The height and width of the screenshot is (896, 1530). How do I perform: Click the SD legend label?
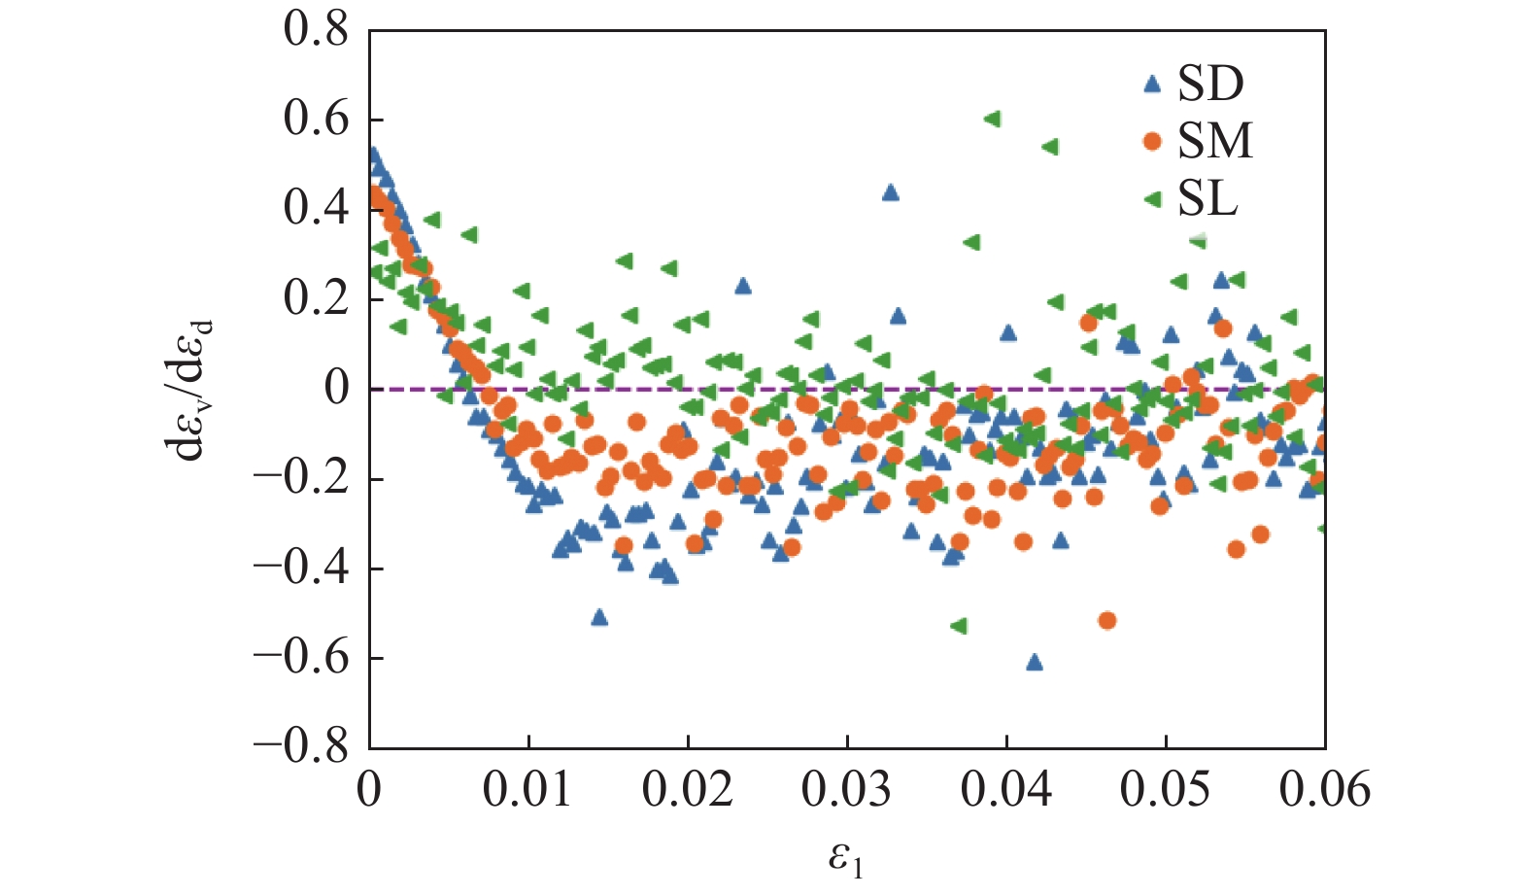1209,85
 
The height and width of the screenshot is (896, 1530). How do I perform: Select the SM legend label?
1215,142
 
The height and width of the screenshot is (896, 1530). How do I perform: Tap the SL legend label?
1207,199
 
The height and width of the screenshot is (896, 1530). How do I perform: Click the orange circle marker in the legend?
1153,142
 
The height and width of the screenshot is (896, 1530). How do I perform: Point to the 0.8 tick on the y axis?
316,30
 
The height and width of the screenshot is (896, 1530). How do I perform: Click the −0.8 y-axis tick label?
301,746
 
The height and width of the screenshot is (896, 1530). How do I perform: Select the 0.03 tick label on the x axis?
846,789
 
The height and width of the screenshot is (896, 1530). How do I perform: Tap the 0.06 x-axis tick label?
1323,789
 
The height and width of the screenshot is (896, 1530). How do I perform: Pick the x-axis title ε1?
845,859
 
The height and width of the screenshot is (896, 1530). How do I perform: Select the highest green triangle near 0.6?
992,119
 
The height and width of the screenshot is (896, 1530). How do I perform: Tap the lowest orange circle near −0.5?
1106,620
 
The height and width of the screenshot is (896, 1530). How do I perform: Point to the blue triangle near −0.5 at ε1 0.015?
599,617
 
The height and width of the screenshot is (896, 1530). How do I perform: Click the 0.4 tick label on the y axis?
316,209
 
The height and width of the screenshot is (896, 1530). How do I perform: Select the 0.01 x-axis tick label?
527,789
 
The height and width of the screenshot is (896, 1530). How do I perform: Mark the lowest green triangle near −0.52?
959,626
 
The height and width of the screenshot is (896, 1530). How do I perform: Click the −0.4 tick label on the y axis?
301,568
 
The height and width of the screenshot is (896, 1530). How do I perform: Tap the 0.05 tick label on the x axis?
1165,789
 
